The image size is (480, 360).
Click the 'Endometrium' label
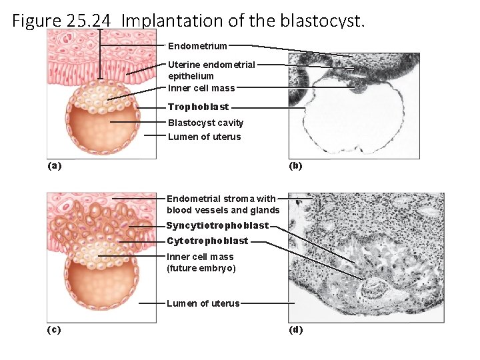click(197, 46)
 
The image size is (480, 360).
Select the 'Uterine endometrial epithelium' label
click(211, 70)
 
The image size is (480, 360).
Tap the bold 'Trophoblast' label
click(198, 107)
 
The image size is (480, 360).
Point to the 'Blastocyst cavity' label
click(205, 123)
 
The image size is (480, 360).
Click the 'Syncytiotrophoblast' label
click(217, 225)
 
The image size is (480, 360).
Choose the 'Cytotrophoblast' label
click(207, 241)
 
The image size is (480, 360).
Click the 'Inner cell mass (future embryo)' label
click(201, 262)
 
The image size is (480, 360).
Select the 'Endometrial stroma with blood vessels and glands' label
click(223, 204)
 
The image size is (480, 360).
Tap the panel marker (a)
click(54, 165)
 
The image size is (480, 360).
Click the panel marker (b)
click(295, 165)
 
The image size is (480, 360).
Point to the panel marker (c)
click(54, 329)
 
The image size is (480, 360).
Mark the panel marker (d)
click(295, 329)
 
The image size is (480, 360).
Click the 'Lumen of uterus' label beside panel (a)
click(204, 137)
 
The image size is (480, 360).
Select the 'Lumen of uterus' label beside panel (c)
click(203, 303)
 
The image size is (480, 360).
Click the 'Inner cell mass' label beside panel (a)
click(201, 87)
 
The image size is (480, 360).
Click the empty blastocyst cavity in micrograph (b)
click(350, 120)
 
